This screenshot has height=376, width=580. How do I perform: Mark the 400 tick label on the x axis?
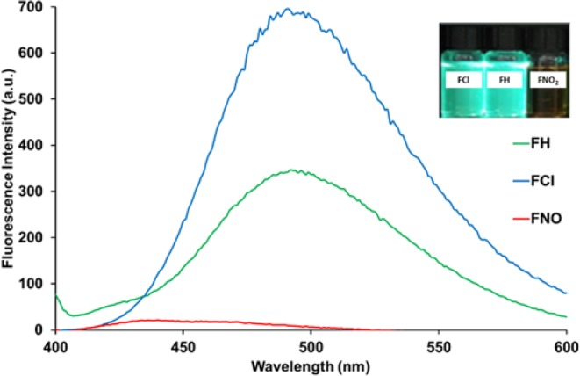pos(56,344)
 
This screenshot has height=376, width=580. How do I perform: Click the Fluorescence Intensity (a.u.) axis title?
pos(10,167)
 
